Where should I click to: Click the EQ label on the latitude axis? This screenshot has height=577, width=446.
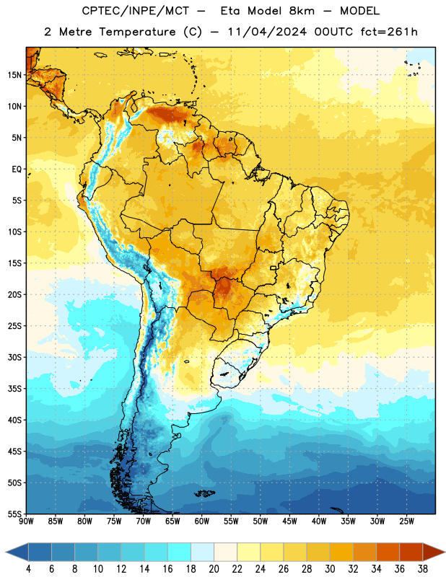[17, 169]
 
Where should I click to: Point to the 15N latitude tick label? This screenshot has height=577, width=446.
[14, 75]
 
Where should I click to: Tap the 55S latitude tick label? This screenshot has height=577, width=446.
[14, 514]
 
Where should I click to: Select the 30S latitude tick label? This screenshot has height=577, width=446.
[14, 357]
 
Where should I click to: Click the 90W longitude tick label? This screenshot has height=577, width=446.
[26, 521]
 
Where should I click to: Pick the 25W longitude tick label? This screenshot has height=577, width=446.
[406, 521]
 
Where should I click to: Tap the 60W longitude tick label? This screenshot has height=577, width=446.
[202, 521]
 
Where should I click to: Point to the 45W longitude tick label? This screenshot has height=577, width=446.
[289, 521]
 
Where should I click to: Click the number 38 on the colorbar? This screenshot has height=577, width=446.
[423, 569]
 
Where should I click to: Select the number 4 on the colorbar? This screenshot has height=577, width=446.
[28, 569]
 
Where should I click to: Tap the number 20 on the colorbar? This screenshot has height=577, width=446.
[214, 569]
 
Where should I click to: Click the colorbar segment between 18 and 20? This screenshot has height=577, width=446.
[203, 552]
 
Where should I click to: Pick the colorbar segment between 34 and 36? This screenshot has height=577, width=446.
[388, 552]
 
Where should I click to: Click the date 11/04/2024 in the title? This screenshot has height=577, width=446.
[267, 32]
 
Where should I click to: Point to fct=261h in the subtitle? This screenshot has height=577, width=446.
[389, 32]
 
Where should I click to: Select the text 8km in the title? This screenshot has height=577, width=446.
[302, 11]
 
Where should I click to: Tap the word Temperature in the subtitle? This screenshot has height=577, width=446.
[137, 32]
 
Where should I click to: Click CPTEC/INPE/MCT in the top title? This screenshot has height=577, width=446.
[135, 11]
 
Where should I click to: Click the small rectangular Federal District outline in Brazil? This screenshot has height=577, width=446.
[274, 268]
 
